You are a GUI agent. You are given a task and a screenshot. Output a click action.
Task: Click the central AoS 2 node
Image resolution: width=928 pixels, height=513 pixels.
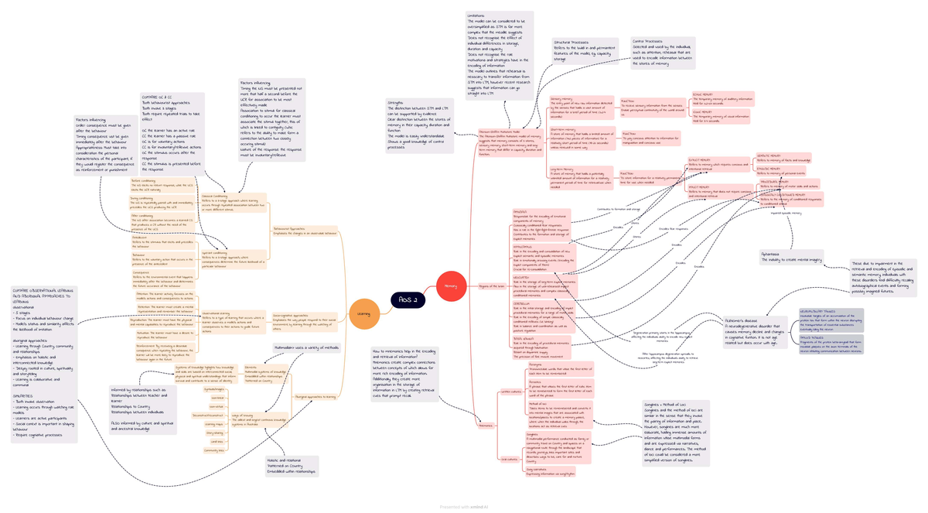point(407,299)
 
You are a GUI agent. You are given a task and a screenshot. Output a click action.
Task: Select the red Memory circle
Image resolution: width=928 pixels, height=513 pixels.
point(450,286)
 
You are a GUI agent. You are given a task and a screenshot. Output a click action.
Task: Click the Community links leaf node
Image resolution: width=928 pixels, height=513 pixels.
point(214,450)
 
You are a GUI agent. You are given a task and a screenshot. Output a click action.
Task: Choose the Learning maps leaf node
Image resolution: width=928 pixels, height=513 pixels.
point(214,424)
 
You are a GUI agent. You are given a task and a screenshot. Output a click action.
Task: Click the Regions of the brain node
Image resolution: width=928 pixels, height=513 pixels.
point(492,286)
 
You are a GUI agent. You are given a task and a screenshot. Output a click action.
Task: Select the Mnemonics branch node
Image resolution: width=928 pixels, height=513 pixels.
point(485,425)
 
